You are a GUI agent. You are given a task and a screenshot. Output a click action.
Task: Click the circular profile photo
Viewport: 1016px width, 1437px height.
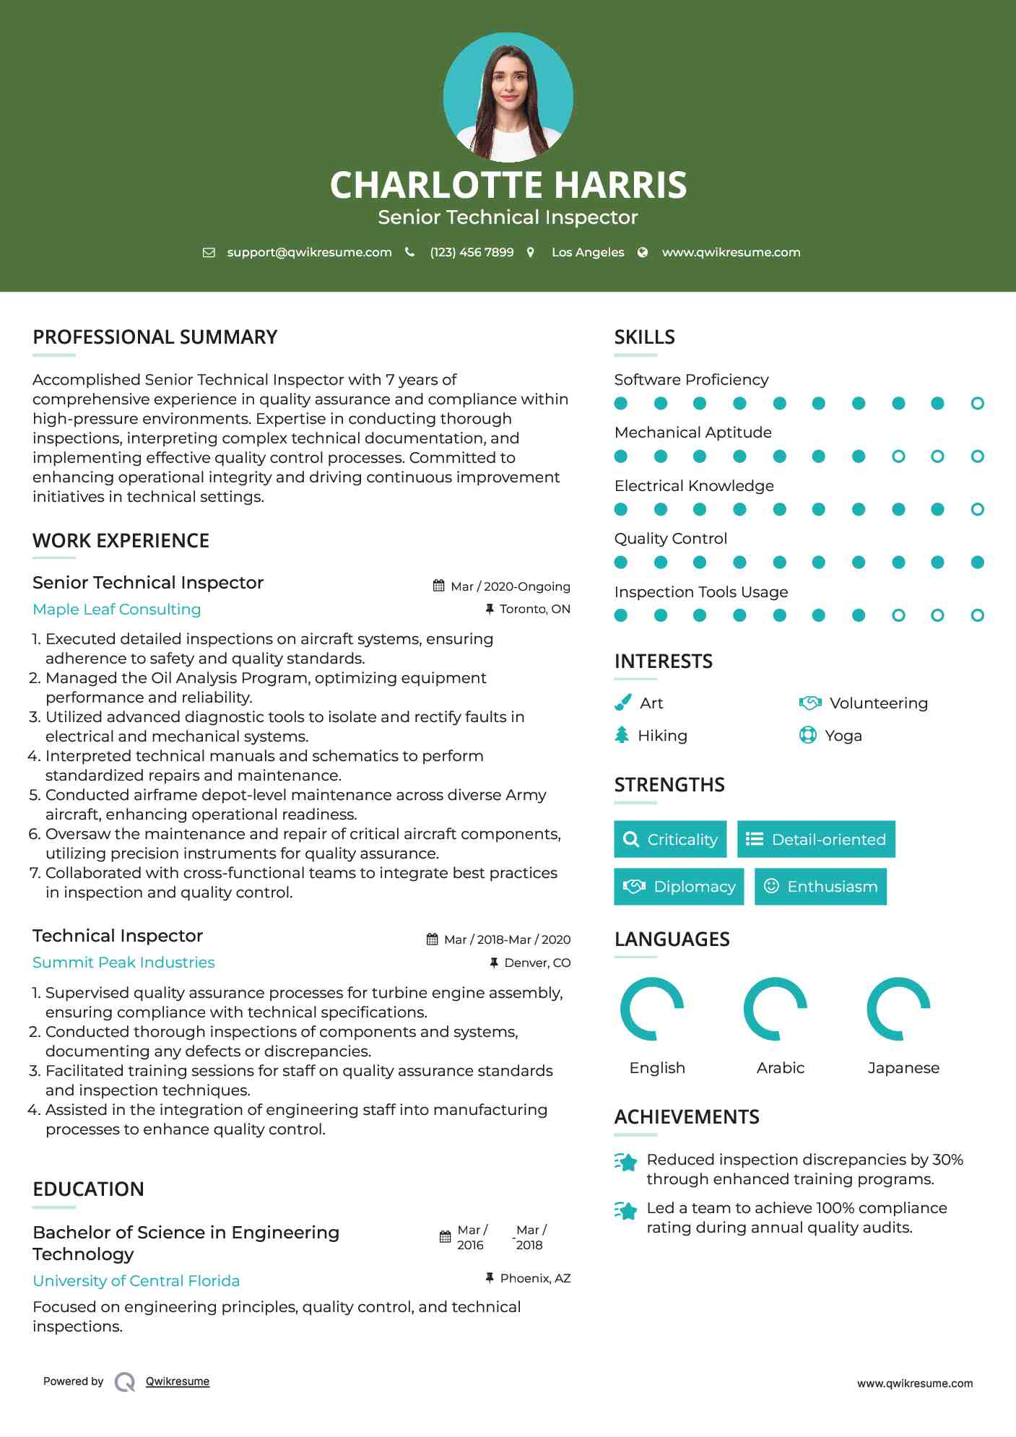pyautogui.click(x=508, y=97)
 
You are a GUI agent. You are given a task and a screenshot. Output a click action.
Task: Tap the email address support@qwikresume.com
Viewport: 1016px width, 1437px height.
pyautogui.click(x=309, y=252)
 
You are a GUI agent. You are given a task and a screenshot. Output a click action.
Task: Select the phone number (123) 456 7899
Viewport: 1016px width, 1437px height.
pyautogui.click(x=472, y=252)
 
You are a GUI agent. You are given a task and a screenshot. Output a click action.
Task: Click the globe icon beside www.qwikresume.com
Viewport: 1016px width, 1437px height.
pyautogui.click(x=643, y=252)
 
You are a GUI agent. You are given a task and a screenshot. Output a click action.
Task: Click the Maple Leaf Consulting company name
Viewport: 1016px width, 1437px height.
pyautogui.click(x=117, y=609)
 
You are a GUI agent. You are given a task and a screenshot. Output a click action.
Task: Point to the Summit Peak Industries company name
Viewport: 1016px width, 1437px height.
pyautogui.click(x=123, y=963)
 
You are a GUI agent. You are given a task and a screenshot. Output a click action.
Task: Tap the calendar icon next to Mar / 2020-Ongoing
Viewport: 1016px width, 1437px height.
pyautogui.click(x=438, y=586)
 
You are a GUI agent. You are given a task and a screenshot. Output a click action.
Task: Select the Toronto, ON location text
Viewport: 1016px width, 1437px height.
pyautogui.click(x=534, y=609)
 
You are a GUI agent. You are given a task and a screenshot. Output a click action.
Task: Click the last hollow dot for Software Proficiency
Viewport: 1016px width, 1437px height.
pyautogui.click(x=977, y=404)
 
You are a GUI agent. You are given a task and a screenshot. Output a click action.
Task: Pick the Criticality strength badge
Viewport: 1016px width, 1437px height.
pyautogui.click(x=670, y=839)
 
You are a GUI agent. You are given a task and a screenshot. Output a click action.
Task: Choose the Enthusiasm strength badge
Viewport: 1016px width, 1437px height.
pyautogui.click(x=820, y=887)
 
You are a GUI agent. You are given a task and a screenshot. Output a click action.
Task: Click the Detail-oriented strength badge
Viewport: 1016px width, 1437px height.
pyautogui.click(x=816, y=839)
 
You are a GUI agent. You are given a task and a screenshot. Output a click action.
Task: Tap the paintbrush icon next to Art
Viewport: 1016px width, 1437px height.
pyautogui.click(x=622, y=703)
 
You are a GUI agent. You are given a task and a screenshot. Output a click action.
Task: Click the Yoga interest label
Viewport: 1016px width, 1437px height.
pyautogui.click(x=843, y=736)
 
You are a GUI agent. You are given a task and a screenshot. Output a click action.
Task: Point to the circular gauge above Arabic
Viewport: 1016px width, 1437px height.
pyautogui.click(x=776, y=1009)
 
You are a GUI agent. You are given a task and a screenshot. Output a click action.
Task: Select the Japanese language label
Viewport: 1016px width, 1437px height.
pyautogui.click(x=903, y=1068)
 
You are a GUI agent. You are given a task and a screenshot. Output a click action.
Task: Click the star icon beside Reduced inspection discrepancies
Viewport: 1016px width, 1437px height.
pyautogui.click(x=626, y=1162)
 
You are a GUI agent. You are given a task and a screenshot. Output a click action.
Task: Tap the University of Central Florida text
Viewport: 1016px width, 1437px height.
pyautogui.click(x=136, y=1281)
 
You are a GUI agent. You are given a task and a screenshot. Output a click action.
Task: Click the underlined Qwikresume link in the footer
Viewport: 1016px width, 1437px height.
pyautogui.click(x=178, y=1381)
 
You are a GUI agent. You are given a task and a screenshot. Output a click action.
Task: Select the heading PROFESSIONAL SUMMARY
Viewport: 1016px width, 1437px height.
pyautogui.click(x=155, y=337)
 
